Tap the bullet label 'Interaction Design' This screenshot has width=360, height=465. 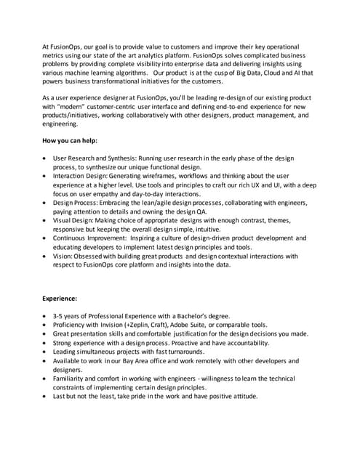tap(79, 175)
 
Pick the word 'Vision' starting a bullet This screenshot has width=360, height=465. tap(63, 256)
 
